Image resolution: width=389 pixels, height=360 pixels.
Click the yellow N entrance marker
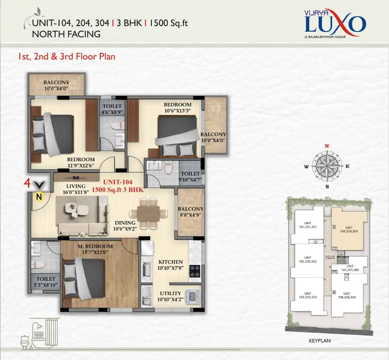39,197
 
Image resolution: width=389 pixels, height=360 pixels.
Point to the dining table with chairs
148,213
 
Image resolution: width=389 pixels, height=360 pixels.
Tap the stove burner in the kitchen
195,270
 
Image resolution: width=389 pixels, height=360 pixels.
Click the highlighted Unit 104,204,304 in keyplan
349,228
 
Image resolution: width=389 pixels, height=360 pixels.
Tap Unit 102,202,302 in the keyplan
308,260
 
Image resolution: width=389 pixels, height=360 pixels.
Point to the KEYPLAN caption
319,340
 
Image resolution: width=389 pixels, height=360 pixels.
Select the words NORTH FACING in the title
66,34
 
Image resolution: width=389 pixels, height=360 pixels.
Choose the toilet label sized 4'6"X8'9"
112,109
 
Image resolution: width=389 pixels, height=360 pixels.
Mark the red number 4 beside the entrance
27,183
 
